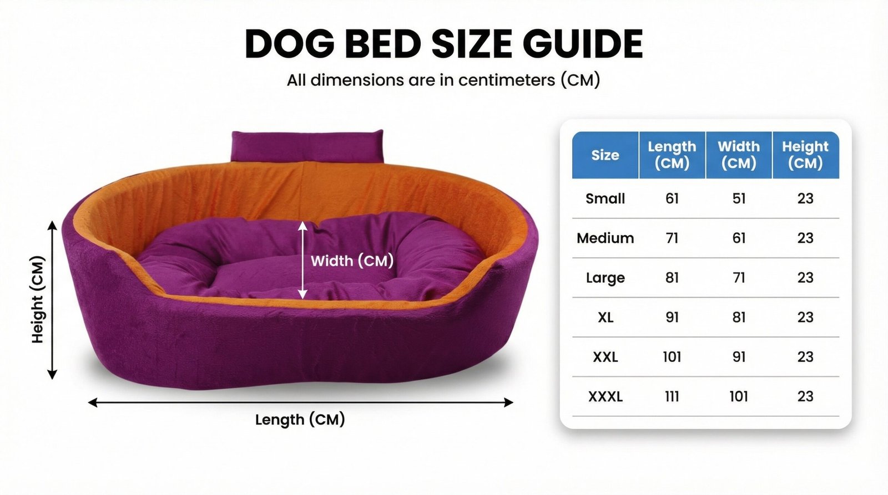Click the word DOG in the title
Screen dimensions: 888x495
(x=290, y=44)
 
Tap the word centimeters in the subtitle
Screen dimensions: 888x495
(x=507, y=80)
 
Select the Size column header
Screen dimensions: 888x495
(x=605, y=155)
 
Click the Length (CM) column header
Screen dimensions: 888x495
(x=672, y=155)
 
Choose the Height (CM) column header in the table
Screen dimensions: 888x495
(x=805, y=155)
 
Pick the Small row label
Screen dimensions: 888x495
(x=605, y=198)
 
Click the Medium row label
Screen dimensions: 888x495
(x=605, y=238)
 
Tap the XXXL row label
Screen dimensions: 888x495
(x=605, y=396)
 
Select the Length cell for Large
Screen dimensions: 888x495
(x=672, y=278)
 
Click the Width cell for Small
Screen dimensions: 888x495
(x=739, y=198)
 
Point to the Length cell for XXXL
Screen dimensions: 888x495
(x=672, y=396)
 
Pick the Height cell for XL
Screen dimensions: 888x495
(x=805, y=317)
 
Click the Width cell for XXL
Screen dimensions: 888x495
(x=739, y=357)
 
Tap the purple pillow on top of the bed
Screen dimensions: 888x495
(x=307, y=146)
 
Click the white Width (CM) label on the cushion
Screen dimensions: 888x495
(x=352, y=261)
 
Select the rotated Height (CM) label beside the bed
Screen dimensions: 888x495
(x=38, y=299)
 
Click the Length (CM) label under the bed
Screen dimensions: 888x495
(x=300, y=420)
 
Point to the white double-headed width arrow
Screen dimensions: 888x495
(x=302, y=260)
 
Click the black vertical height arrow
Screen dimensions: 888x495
(x=52, y=300)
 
